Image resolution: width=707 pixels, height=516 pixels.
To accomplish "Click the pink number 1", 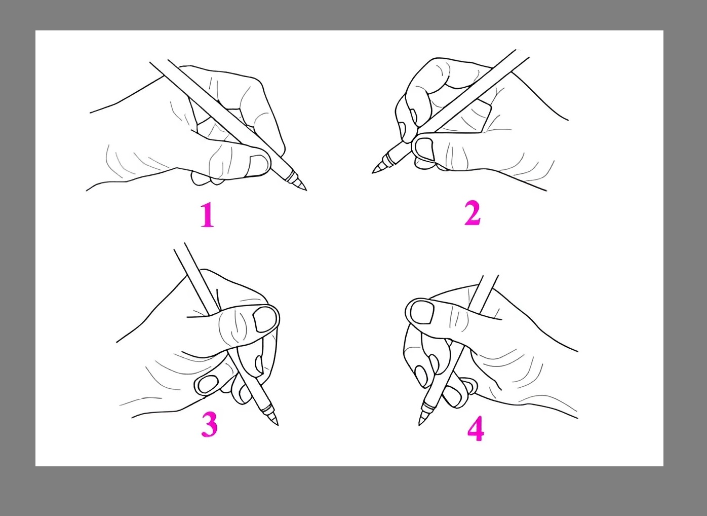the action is [208, 215].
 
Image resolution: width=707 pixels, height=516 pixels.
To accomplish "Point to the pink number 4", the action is [476, 428].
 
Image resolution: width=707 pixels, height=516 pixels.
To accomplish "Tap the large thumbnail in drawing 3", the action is [265, 319].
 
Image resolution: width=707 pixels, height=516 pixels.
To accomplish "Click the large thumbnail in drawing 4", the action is [422, 312].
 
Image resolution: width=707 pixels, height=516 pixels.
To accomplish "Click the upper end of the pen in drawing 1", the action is [159, 61].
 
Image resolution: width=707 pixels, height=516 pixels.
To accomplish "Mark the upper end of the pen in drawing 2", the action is [522, 53].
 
